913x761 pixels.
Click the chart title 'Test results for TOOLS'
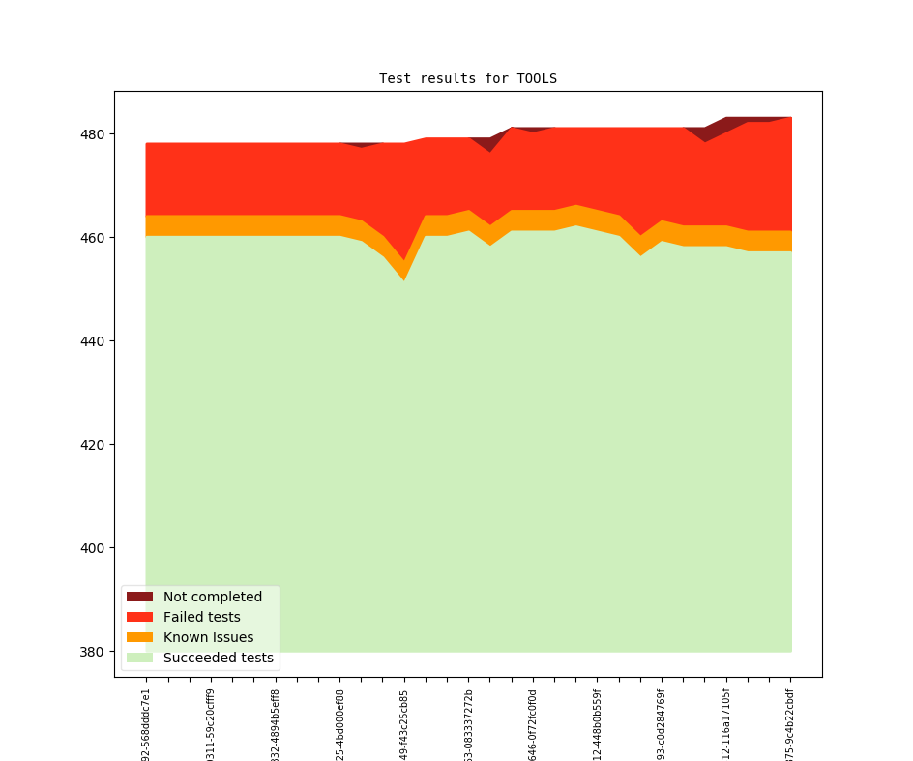click(x=467, y=78)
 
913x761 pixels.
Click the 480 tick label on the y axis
click(x=94, y=133)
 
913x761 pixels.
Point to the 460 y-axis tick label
click(x=94, y=237)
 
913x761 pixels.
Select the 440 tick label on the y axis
click(x=94, y=340)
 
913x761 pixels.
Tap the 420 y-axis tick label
click(x=94, y=444)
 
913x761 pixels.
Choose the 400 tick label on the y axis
click(x=94, y=547)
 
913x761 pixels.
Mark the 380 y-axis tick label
click(x=94, y=651)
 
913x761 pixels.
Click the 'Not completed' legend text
click(x=212, y=597)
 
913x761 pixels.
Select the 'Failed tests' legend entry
click(x=201, y=617)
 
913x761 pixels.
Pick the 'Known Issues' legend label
click(x=208, y=637)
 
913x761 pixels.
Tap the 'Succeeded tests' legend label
click(x=218, y=658)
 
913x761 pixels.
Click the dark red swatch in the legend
click(x=139, y=597)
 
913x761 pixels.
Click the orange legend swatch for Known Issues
click(x=139, y=637)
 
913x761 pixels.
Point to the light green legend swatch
click(x=139, y=658)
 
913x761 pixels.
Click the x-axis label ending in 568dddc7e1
click(x=146, y=724)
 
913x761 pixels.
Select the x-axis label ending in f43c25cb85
click(x=404, y=724)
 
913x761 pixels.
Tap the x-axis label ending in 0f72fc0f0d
click(x=533, y=724)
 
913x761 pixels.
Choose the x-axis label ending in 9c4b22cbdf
click(x=790, y=724)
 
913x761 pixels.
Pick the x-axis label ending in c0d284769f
click(x=662, y=724)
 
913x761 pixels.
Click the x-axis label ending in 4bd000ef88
click(x=339, y=724)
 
